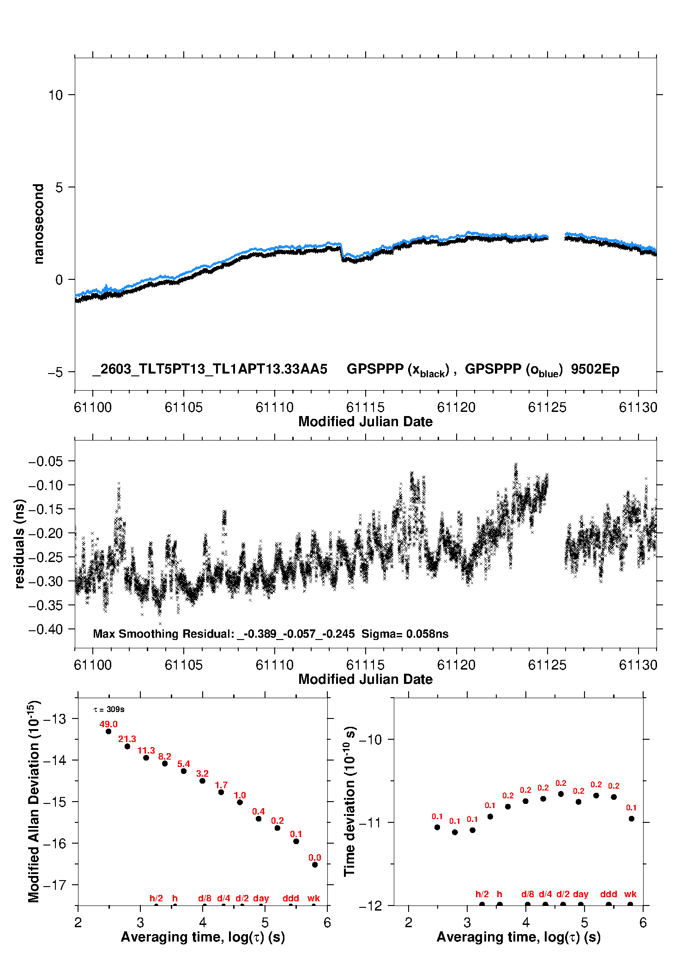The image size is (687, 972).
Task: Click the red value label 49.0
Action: point(108,724)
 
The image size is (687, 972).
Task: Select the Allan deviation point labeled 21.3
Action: point(127,746)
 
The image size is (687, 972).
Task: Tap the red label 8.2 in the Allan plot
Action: point(165,756)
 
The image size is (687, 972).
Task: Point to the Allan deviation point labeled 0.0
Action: point(315,864)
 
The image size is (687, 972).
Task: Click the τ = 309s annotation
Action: point(109,709)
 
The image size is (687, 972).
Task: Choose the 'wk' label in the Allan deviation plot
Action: point(313,898)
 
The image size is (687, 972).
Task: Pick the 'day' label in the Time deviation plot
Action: point(581,894)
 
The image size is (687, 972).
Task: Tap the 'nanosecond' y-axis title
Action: point(38,224)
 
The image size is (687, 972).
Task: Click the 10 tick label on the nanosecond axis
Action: point(55,95)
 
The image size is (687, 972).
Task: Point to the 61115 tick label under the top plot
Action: point(365,407)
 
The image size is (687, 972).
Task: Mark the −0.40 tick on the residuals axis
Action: point(46,629)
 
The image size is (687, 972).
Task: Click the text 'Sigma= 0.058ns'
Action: point(405,634)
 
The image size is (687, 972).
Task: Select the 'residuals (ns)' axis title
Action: point(19,544)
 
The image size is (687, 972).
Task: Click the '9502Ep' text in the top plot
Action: point(595,369)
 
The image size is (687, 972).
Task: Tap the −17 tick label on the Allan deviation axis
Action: point(53,885)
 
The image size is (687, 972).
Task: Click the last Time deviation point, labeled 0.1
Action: point(632,819)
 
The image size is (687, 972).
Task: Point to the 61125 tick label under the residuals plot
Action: point(547,665)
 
